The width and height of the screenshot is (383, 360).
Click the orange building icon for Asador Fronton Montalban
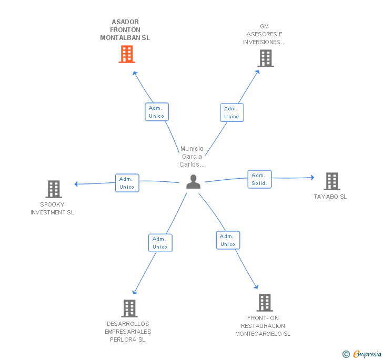click(x=127, y=54)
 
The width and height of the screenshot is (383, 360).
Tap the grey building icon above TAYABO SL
click(x=332, y=181)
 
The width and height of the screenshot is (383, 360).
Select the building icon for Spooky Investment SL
click(x=54, y=189)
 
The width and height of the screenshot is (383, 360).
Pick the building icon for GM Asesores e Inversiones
click(x=266, y=58)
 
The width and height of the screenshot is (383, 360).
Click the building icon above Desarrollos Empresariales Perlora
click(x=129, y=308)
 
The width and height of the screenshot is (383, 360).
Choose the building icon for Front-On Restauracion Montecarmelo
click(x=265, y=303)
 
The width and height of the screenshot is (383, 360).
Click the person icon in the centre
click(x=193, y=182)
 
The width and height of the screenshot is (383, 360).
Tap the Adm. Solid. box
click(x=260, y=179)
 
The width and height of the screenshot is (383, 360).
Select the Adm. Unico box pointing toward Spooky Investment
click(x=127, y=183)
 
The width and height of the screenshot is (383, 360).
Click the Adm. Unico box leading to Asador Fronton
click(x=157, y=112)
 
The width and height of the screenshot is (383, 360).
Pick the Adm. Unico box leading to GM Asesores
click(x=232, y=112)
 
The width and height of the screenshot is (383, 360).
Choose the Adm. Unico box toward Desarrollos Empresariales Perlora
click(x=160, y=243)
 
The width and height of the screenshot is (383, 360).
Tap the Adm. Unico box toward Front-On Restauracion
click(x=228, y=240)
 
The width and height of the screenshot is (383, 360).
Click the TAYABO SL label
click(x=330, y=197)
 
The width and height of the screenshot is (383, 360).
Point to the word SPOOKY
click(x=52, y=204)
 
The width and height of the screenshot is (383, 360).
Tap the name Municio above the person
click(x=192, y=149)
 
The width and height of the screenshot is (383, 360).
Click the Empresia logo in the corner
click(x=362, y=354)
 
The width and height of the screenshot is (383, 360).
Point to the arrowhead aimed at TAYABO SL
click(x=313, y=178)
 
